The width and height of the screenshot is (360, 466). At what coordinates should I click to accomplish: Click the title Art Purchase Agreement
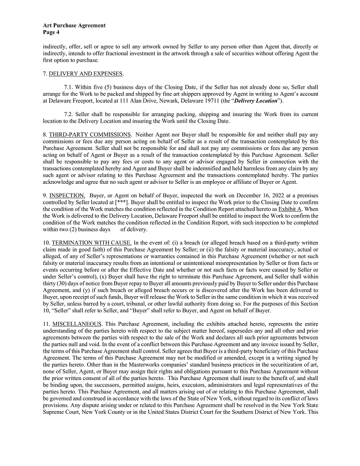click(x=74, y=25)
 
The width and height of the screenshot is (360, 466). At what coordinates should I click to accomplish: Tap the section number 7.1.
click(x=69, y=87)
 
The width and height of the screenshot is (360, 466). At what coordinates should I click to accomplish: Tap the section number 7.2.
click(x=69, y=114)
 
